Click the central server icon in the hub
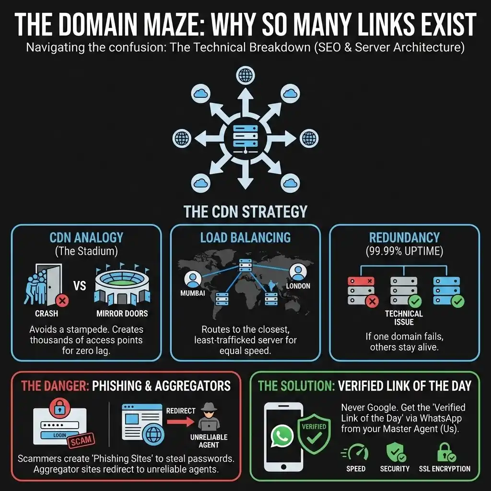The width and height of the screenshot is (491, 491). click(x=245, y=136)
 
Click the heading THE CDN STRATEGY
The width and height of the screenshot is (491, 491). click(x=245, y=212)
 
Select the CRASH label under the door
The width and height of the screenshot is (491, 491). click(x=47, y=314)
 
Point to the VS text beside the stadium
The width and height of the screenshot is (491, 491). click(x=80, y=286)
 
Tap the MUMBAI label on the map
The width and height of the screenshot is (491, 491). click(x=192, y=293)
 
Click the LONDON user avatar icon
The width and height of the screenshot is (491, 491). click(x=298, y=273)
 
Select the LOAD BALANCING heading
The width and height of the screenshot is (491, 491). click(x=245, y=237)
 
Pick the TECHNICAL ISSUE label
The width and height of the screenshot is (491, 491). click(x=404, y=317)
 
